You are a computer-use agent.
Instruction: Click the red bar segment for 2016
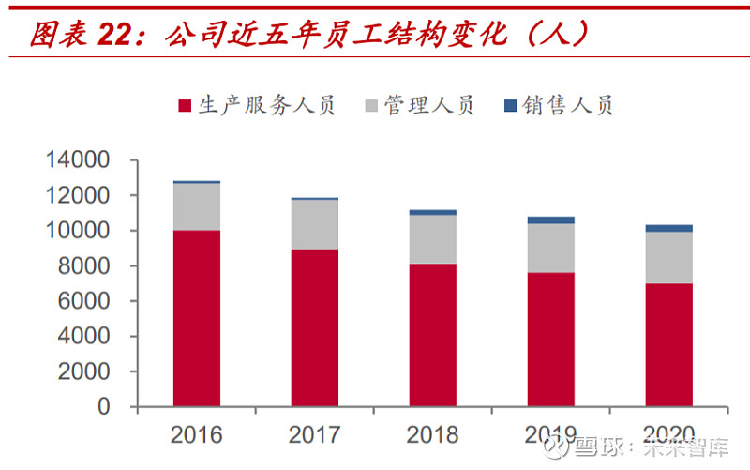[197, 318]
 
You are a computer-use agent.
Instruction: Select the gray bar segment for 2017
[315, 224]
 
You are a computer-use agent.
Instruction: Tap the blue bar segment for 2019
[551, 220]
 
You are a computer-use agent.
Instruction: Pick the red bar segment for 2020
[669, 344]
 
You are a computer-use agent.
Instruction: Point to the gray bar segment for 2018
[433, 239]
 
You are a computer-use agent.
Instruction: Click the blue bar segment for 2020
[669, 228]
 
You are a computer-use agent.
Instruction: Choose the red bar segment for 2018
[433, 335]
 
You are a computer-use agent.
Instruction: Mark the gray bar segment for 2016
[197, 206]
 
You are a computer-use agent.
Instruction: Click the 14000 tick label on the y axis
[78, 160]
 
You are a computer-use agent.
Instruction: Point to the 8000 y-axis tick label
[84, 266]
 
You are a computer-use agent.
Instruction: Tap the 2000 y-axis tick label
[84, 372]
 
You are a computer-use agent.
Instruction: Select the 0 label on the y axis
[104, 407]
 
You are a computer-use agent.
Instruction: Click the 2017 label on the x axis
[315, 435]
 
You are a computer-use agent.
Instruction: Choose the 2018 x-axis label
[433, 435]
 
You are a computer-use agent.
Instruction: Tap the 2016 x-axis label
[197, 435]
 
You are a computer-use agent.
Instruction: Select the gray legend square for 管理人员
[371, 105]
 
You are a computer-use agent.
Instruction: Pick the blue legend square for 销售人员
[511, 105]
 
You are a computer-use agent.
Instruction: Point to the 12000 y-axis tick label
[78, 196]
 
